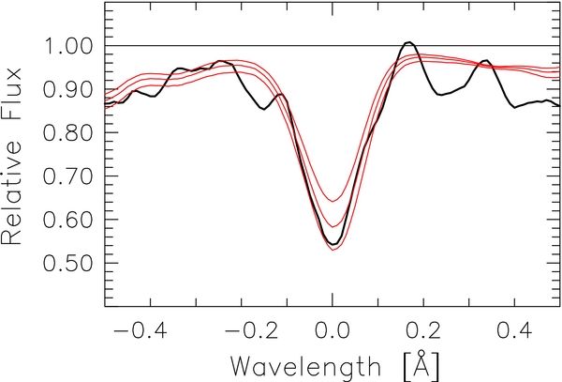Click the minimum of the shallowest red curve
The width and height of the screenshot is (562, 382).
[333, 201]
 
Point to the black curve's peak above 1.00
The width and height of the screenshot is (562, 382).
[407, 42]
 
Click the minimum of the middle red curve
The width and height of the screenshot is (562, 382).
[333, 226]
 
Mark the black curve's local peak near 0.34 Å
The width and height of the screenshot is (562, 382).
[487, 60]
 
